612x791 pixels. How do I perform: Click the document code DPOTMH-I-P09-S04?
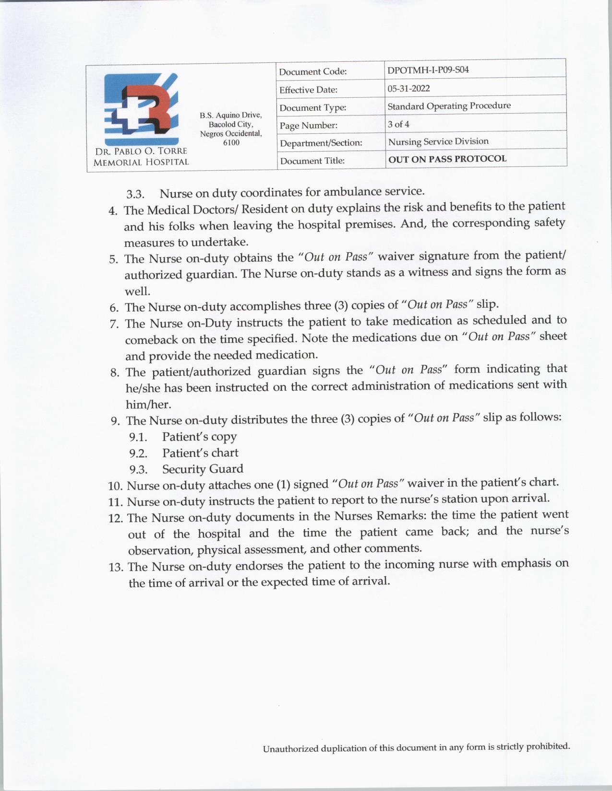(428, 70)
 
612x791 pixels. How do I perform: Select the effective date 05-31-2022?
(408, 88)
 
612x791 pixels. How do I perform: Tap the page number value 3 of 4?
(398, 124)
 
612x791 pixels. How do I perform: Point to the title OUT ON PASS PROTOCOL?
(447, 159)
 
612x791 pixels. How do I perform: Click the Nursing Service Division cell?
(438, 141)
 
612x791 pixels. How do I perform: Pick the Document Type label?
(313, 108)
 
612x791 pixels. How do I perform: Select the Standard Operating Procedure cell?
(449, 105)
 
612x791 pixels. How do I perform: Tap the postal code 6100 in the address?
(231, 142)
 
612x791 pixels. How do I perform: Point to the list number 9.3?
(138, 469)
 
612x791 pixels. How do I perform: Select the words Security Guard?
(203, 468)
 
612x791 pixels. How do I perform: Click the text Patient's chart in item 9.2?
(200, 453)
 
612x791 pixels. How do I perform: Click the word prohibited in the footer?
(548, 746)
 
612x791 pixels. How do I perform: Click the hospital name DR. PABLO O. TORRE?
(141, 151)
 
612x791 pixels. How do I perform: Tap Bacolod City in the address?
(231, 124)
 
